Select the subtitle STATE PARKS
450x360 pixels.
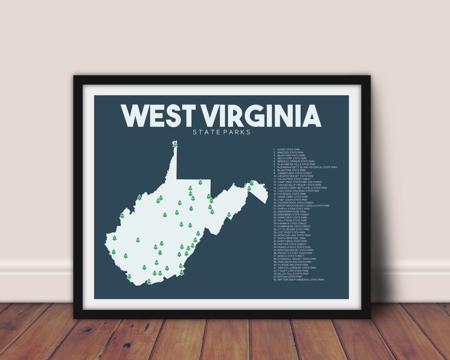221,132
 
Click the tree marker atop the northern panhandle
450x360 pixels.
175,144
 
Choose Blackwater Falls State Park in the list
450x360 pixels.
296,164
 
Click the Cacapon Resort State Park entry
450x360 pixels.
295,176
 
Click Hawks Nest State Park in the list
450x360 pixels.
292,217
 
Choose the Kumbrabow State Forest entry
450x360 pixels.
294,226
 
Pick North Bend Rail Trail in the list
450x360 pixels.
292,238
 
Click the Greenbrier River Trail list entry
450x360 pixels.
292,211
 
